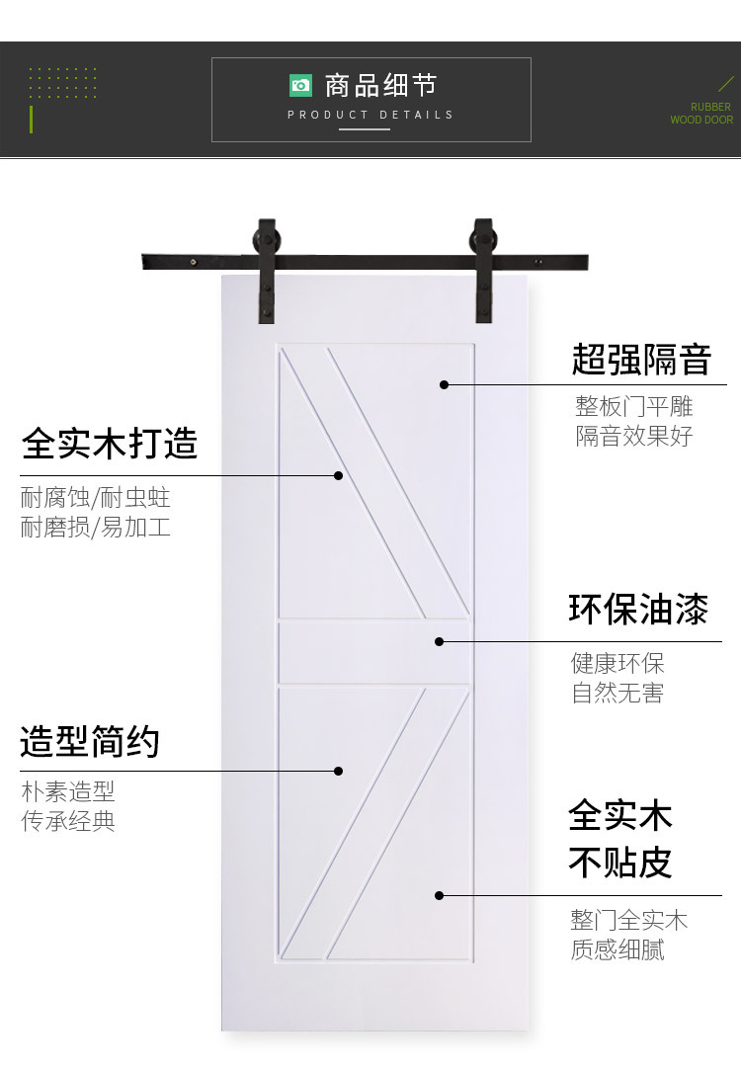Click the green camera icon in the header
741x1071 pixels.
(300, 85)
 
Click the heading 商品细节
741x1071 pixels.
(380, 86)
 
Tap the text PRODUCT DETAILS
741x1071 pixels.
(370, 115)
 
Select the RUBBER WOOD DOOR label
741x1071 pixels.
(701, 113)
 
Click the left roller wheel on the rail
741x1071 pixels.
(266, 242)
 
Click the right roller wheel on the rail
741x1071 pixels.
(483, 243)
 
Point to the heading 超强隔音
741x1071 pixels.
(641, 360)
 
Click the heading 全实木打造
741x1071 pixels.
(110, 444)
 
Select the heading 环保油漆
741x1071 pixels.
(638, 609)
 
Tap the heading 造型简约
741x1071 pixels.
(90, 742)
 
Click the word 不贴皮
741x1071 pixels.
(620, 862)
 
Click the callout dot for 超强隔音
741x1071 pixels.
(444, 384)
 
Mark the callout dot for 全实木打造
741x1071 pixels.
(339, 475)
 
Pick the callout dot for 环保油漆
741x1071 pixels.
(439, 641)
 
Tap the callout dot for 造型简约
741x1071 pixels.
(339, 772)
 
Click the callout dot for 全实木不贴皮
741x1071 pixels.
(439, 895)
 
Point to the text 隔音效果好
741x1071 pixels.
(633, 436)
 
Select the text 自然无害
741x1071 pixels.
(617, 693)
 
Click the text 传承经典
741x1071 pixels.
(67, 821)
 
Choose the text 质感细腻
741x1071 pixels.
(617, 949)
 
